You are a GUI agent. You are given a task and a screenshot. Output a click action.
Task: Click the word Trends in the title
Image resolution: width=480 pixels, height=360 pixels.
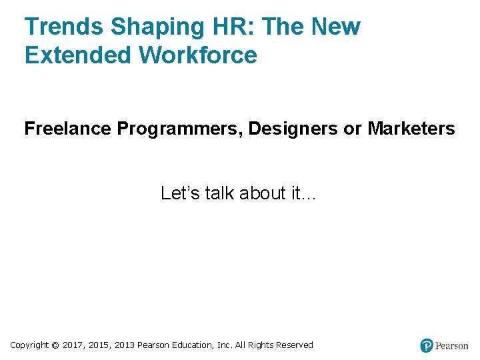pos(64,27)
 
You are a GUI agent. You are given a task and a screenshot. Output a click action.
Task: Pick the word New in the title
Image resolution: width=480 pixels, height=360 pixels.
pos(335,27)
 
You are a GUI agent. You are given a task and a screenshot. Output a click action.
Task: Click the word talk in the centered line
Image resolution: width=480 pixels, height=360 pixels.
pos(218,193)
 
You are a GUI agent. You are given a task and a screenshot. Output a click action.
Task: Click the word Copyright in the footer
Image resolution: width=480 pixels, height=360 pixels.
pos(29,345)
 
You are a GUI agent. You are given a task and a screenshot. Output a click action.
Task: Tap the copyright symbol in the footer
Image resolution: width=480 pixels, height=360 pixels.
pos(55,345)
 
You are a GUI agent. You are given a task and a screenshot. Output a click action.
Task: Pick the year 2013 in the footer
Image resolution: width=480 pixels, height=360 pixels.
pos(125,345)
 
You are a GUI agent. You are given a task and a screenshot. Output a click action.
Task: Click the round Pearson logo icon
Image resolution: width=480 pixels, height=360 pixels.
pos(427,345)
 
